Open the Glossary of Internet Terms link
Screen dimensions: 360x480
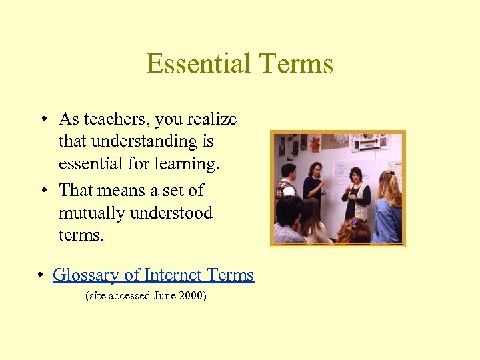[x=153, y=275]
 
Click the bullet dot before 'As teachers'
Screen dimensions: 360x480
[x=42, y=120]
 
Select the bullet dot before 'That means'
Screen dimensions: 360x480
[x=42, y=191]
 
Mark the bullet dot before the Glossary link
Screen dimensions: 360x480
[x=42, y=275]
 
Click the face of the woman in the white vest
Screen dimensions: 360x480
[x=355, y=175]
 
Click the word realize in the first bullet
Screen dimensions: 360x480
[x=213, y=119]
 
